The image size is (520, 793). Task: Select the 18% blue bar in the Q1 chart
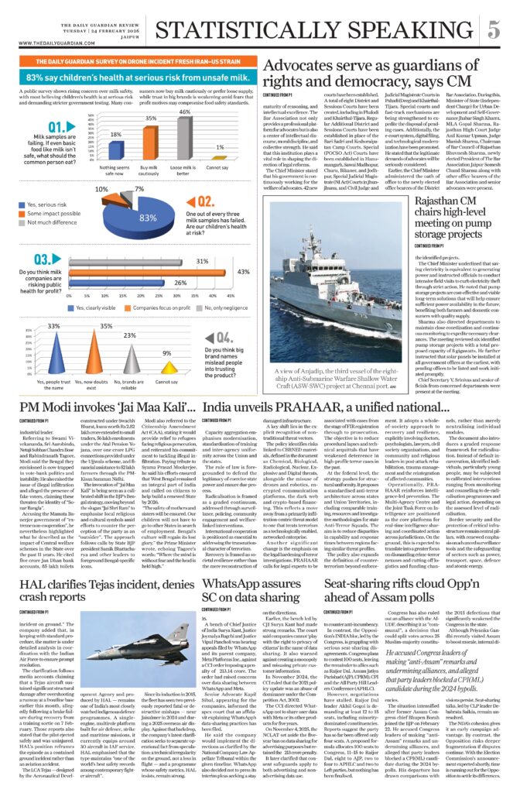point(115,149)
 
